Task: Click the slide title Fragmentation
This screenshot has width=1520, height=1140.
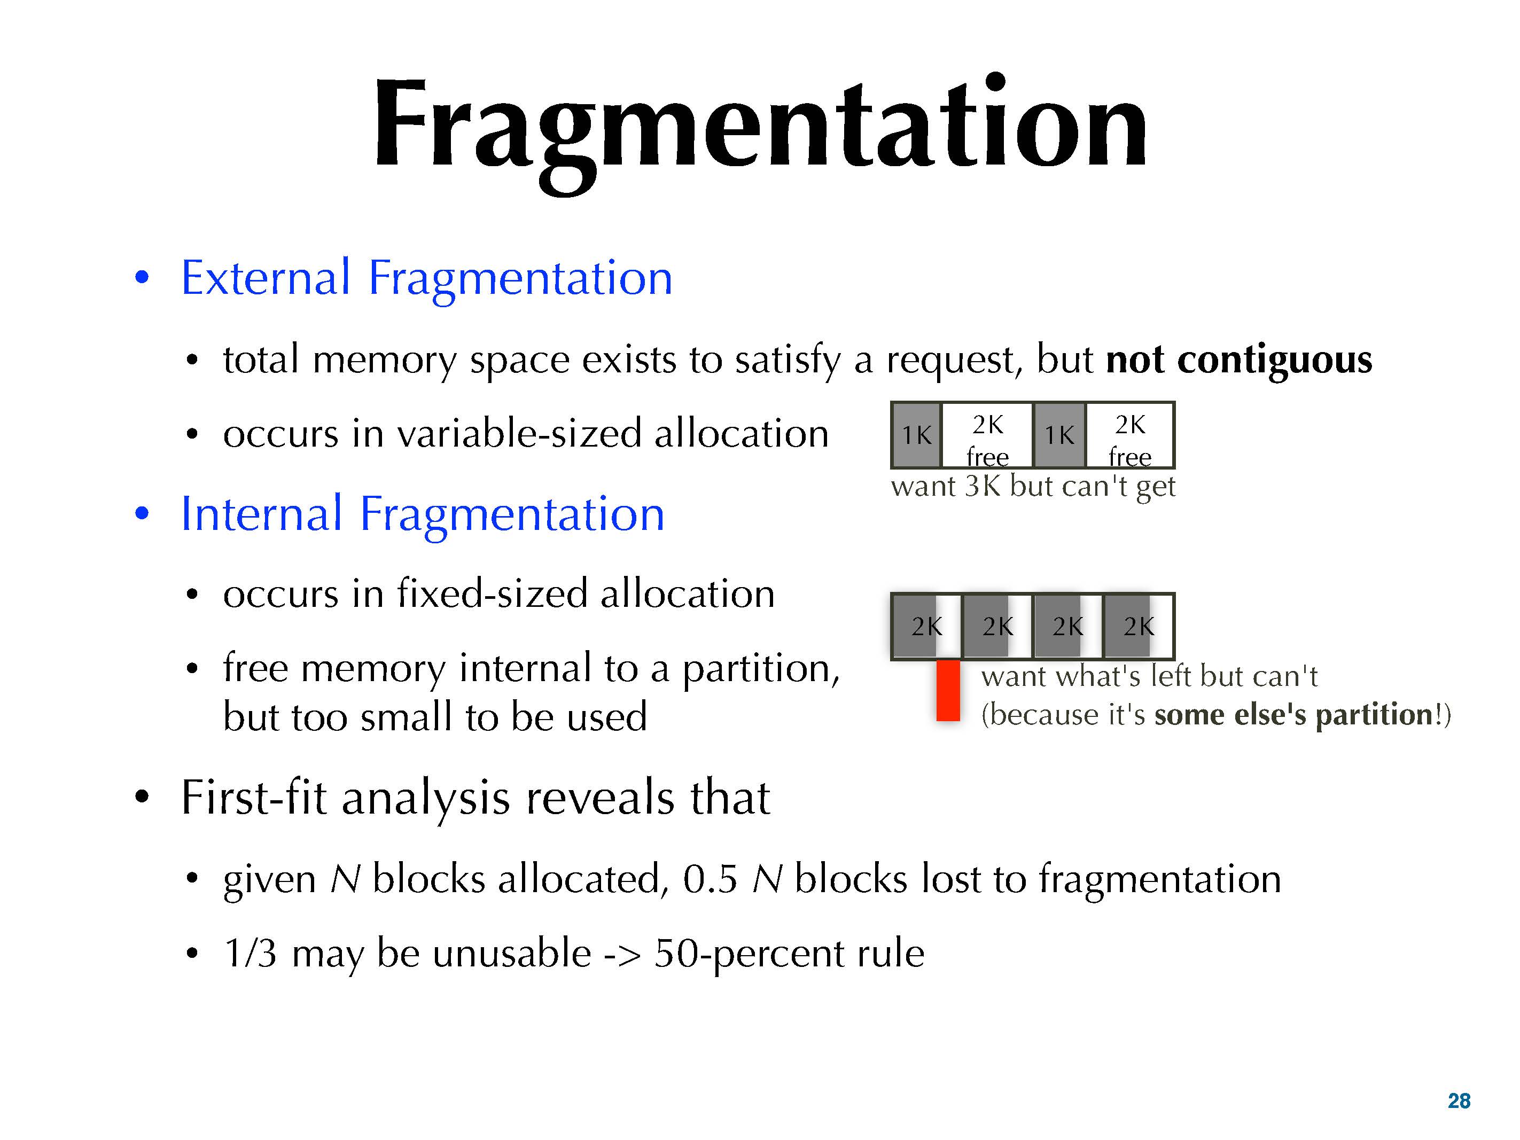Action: pos(760,130)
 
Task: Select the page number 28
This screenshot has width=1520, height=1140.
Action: pos(1459,1101)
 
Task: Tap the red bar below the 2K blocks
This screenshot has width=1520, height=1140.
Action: pos(948,691)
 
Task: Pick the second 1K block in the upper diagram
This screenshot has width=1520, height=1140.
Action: pos(1059,435)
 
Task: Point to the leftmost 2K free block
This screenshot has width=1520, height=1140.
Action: pos(987,435)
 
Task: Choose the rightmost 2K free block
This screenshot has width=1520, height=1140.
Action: pos(1129,435)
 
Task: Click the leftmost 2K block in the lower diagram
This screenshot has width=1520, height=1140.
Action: pos(926,626)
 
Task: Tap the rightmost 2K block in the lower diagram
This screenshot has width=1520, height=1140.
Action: pos(1138,626)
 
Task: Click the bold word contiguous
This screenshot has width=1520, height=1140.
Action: pos(1275,360)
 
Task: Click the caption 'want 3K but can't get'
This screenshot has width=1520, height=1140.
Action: pos(1033,487)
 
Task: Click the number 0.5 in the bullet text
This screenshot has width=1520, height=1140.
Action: pos(711,879)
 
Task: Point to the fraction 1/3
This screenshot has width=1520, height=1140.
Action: pos(251,953)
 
